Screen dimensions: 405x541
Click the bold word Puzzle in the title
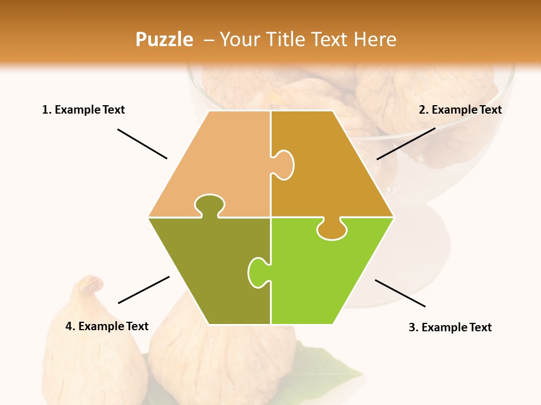[x=164, y=39]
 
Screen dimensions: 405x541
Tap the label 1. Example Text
[x=83, y=110]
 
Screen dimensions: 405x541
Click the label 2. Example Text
[x=460, y=110]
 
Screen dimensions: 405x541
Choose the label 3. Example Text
[x=450, y=327]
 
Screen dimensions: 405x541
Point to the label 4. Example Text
[x=107, y=326]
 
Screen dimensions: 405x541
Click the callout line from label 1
[x=142, y=144]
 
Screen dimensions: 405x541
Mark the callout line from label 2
[x=406, y=143]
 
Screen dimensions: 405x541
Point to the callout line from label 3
[x=400, y=293]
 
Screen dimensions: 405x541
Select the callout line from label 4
[x=144, y=290]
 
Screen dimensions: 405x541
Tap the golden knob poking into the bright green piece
[x=331, y=229]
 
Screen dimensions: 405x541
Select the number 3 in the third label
[x=412, y=327]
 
